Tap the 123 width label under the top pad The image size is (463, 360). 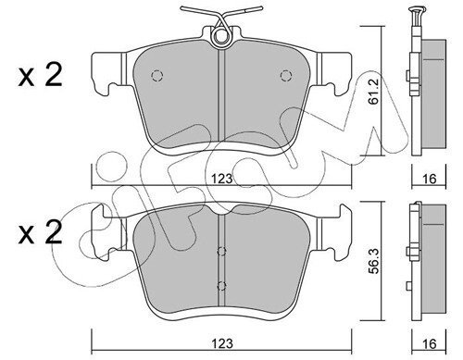click(x=222, y=179)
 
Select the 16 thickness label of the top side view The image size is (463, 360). click(x=429, y=179)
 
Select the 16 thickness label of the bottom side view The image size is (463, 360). click(x=429, y=343)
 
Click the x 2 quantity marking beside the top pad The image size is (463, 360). click(x=40, y=75)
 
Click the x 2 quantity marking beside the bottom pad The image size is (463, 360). click(x=40, y=233)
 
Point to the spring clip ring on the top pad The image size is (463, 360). click(x=221, y=37)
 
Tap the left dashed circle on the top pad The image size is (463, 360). click(x=156, y=76)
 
